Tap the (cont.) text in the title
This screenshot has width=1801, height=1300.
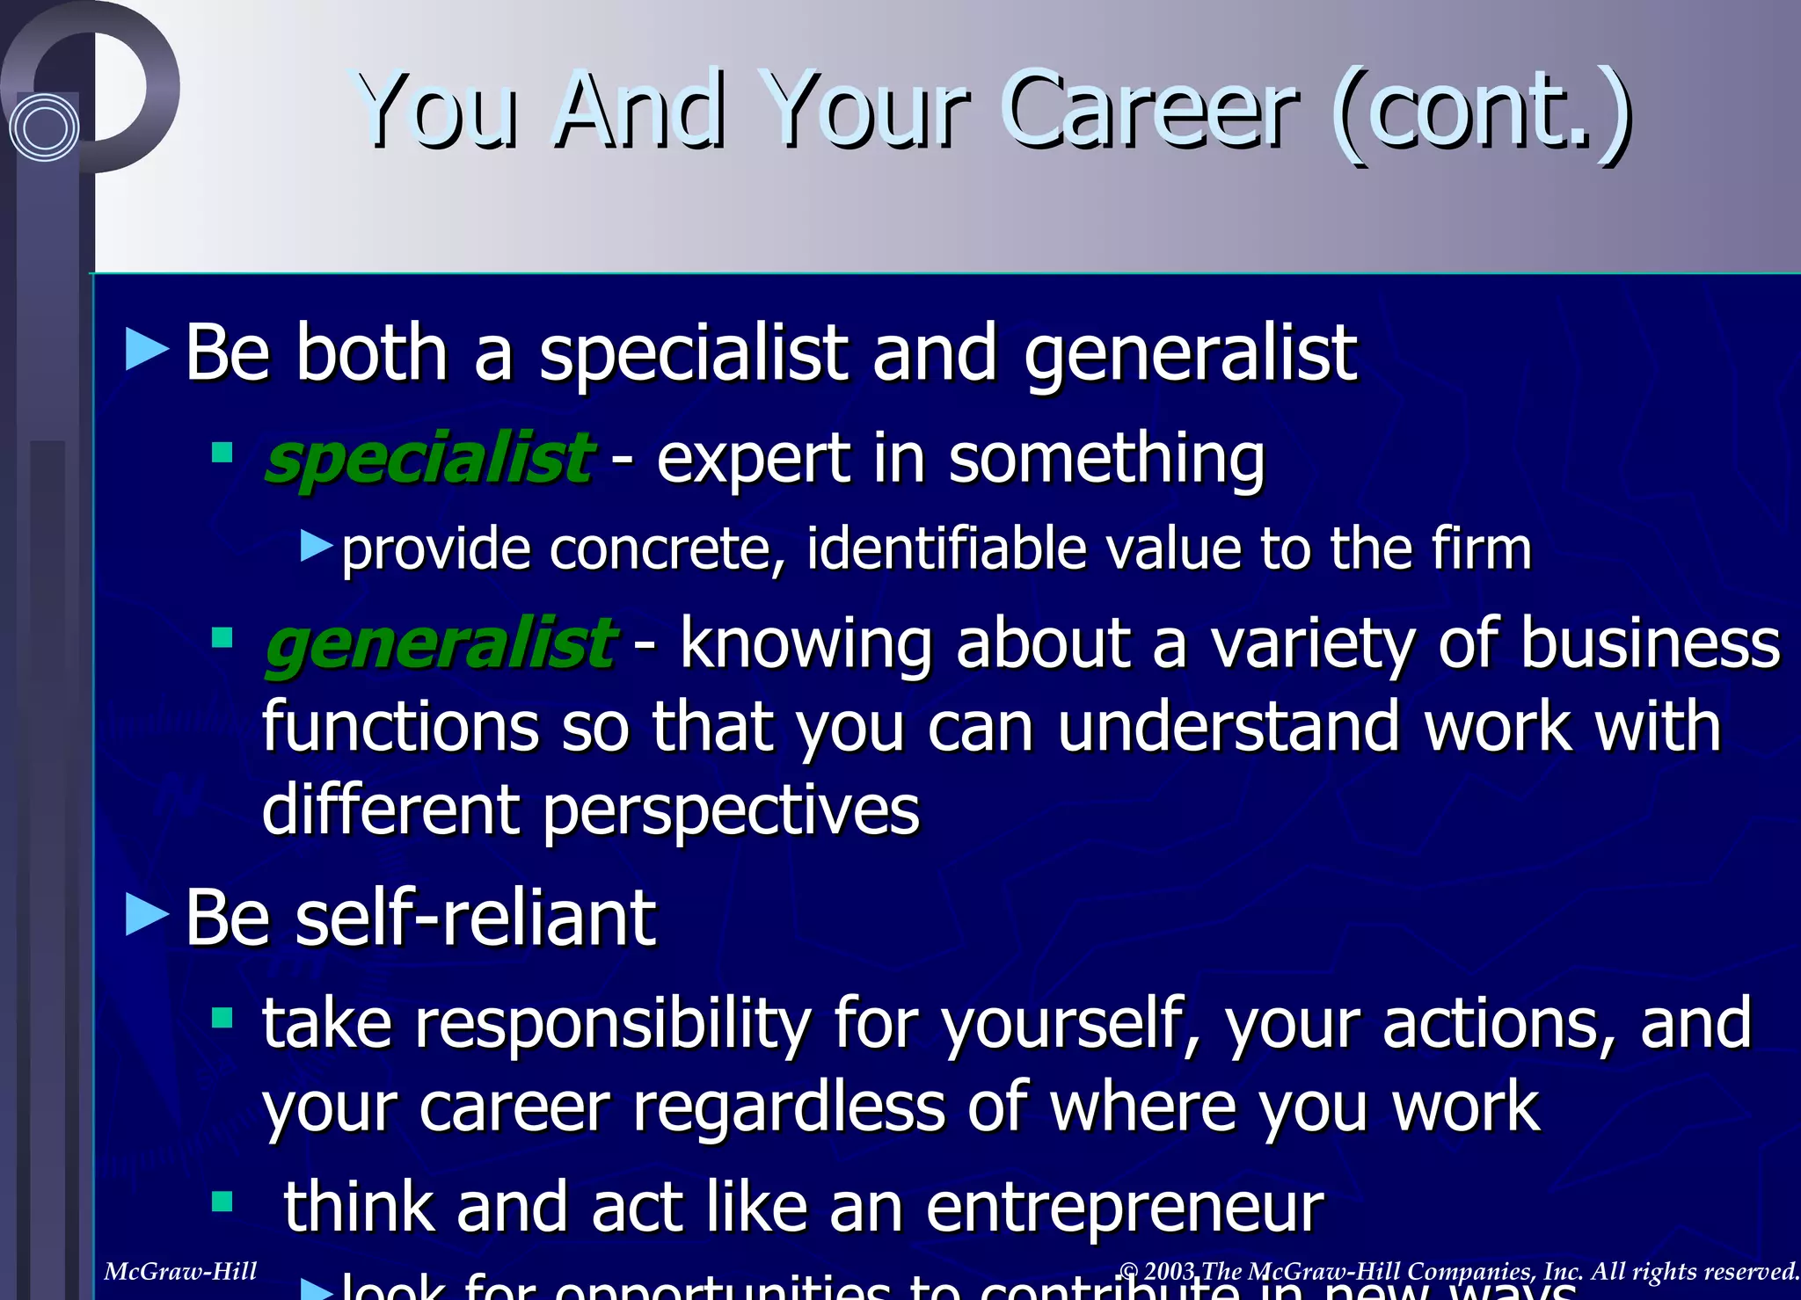pyautogui.click(x=1482, y=114)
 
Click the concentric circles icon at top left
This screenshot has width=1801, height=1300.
pyautogui.click(x=44, y=127)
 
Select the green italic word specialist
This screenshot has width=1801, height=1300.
pyautogui.click(x=428, y=459)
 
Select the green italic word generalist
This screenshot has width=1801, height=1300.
pyautogui.click(x=440, y=643)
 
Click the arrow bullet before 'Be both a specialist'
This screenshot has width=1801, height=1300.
pyautogui.click(x=147, y=350)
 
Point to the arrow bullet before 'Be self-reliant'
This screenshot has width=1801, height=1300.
pyautogui.click(x=147, y=914)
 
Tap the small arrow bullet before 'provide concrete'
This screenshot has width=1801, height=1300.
pyautogui.click(x=316, y=546)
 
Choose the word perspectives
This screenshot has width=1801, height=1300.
pyautogui.click(x=730, y=810)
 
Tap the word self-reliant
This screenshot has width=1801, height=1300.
pyautogui.click(x=475, y=918)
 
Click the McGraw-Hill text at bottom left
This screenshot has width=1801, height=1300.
pyautogui.click(x=180, y=1271)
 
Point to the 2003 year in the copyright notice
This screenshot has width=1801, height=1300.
pyautogui.click(x=1170, y=1271)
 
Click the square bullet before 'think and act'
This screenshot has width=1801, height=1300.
pyautogui.click(x=222, y=1202)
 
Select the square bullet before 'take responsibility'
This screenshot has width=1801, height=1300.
pyautogui.click(x=222, y=1019)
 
